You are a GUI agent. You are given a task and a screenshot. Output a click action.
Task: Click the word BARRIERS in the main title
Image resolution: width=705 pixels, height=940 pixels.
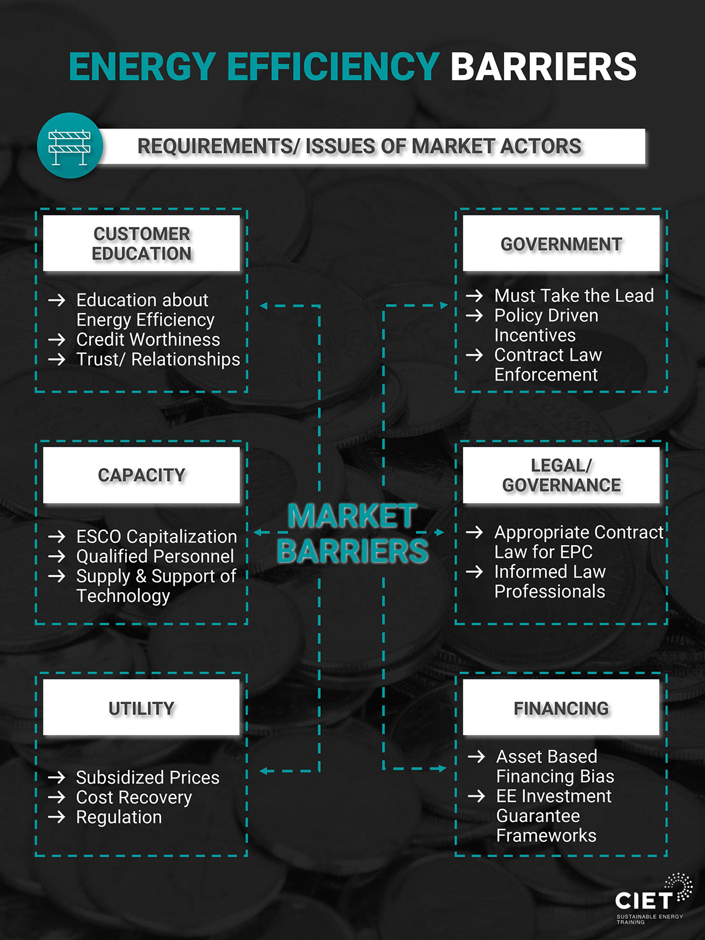(543, 67)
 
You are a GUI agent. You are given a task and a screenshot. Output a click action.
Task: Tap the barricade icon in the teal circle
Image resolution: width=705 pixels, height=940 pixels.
(69, 147)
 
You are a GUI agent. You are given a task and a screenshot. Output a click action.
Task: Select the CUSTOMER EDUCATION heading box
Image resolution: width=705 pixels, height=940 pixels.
(142, 243)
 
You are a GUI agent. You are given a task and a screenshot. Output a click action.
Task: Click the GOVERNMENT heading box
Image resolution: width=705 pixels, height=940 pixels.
(561, 243)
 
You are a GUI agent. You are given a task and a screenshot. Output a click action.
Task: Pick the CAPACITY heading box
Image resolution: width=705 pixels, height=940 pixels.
(142, 475)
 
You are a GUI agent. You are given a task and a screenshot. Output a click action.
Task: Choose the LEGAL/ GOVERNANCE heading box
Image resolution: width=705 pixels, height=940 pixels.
(561, 475)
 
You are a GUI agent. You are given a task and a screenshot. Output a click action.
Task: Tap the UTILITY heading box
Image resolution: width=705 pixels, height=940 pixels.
(142, 707)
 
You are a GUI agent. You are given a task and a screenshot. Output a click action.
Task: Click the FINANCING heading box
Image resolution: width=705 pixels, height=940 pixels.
(561, 707)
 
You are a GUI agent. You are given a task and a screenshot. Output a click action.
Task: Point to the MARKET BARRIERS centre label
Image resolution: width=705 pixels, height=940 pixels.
(352, 533)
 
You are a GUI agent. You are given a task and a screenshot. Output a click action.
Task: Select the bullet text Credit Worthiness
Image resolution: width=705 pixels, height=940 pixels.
(148, 340)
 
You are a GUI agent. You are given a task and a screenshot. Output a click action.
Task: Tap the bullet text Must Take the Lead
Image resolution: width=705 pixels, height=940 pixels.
(574, 296)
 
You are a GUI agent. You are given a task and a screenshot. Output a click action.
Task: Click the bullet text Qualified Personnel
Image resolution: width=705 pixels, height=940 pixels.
(155, 556)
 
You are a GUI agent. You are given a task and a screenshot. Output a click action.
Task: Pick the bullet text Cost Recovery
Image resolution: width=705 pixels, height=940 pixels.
(134, 797)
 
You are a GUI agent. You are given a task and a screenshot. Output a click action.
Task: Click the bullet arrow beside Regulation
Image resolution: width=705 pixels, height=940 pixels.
(56, 817)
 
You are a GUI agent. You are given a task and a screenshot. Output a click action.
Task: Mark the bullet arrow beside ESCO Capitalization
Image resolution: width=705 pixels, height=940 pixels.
(56, 536)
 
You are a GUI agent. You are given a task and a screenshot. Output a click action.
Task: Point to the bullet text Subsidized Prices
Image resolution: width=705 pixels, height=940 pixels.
(147, 777)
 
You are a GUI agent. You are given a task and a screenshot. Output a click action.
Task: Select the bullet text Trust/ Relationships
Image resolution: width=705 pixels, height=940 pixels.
(159, 360)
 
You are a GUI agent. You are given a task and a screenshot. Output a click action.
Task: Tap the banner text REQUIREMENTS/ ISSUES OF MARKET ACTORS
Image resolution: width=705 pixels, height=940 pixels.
(359, 146)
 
